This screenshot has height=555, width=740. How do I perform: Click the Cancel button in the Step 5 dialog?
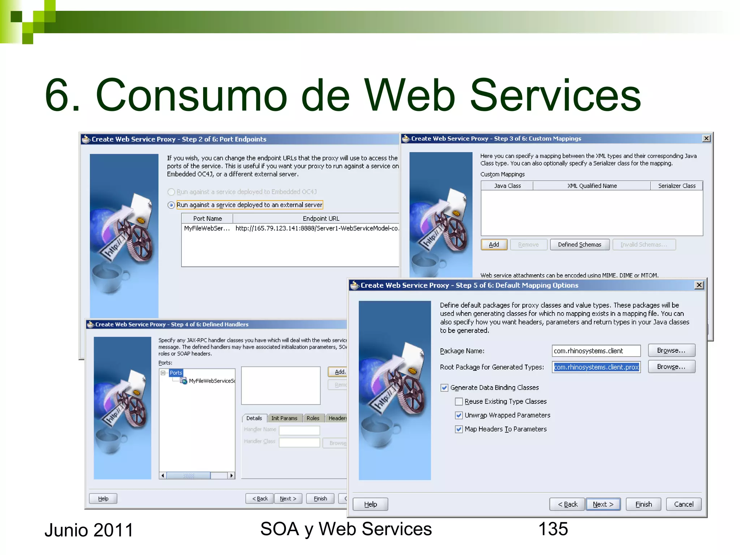[x=683, y=504]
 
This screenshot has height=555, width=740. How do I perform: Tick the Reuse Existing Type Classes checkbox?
[x=459, y=401]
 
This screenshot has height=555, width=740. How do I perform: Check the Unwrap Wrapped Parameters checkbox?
[x=459, y=415]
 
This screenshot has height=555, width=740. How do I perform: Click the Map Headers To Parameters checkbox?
[x=459, y=429]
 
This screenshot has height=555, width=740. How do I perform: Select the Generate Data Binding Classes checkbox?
[x=444, y=388]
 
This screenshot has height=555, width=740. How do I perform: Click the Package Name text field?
[x=596, y=351]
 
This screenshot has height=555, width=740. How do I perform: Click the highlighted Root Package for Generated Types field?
[x=596, y=367]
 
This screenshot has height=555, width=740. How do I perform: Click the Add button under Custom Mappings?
[x=494, y=245]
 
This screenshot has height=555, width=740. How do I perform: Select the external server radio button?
[x=171, y=205]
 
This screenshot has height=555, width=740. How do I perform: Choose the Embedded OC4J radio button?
[x=171, y=192]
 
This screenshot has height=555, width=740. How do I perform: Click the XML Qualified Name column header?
[x=591, y=186]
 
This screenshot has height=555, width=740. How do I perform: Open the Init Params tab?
[x=284, y=418]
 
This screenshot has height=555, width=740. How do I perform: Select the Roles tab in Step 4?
[x=313, y=418]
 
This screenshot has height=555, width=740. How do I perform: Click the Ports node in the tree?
[x=176, y=373]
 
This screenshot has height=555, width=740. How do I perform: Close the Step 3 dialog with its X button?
[x=706, y=138]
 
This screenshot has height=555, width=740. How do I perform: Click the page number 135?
[x=553, y=529]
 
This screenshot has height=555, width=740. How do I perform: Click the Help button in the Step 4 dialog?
[x=103, y=499]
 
